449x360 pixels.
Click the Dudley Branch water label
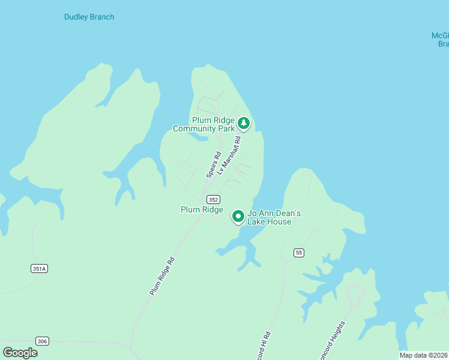coord(89,17)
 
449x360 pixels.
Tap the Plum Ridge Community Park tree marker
coord(243,123)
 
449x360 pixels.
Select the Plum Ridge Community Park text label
coord(203,124)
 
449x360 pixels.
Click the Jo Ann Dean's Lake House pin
coord(238,215)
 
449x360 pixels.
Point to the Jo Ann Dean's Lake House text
coord(270,217)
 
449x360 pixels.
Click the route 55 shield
coord(298,253)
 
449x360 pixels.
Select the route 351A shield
coord(39,269)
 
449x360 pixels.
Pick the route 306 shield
coord(42,341)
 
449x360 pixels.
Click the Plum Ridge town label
coord(202,209)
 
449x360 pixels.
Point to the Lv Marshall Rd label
coord(229,155)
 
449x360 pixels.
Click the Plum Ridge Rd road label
coord(162,276)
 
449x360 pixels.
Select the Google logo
coord(20,353)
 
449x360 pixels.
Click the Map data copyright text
coord(423,355)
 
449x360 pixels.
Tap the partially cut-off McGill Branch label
coord(441,40)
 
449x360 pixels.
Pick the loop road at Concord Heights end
coord(355,294)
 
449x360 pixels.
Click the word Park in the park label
coord(226,128)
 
